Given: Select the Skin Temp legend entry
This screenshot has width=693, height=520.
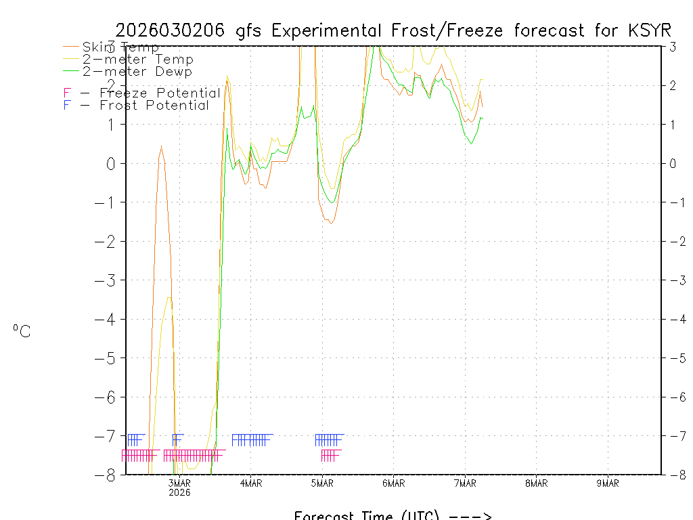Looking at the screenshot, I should (120, 47).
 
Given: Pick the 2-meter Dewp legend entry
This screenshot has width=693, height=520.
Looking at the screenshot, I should (137, 71).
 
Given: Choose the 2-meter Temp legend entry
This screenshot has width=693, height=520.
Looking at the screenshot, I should (137, 60).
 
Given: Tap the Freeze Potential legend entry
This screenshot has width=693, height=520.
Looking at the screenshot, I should (158, 93).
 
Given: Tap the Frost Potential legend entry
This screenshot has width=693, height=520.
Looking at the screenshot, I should (154, 105).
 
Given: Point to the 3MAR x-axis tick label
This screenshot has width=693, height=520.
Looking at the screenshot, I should (179, 483).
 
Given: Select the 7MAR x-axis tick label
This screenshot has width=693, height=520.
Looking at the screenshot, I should (465, 483).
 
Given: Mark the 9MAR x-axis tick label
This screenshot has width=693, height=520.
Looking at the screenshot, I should (608, 483).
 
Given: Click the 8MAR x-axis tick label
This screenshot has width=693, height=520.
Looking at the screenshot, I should (536, 483).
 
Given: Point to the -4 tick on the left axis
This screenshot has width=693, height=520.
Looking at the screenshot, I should (109, 319).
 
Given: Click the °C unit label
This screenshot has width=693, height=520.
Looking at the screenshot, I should (22, 331).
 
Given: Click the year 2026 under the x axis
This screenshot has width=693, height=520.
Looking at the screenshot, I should (179, 492).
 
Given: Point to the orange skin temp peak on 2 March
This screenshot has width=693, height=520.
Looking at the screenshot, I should (161, 146).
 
